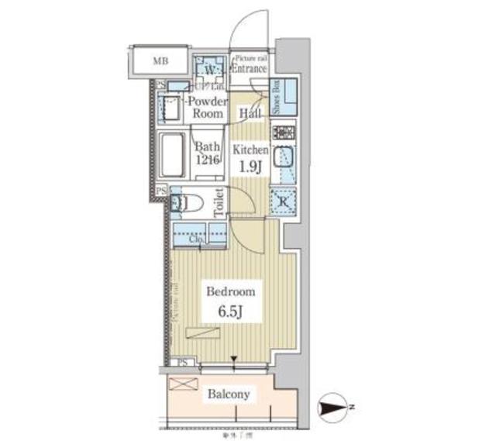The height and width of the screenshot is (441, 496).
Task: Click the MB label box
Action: (160, 60)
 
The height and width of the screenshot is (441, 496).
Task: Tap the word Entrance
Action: (250, 68)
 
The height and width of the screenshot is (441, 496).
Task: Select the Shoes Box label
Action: (276, 98)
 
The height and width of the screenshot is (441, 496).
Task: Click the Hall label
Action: (249, 113)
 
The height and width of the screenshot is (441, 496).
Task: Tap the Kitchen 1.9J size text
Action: (250, 157)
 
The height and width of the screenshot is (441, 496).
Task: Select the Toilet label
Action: (219, 203)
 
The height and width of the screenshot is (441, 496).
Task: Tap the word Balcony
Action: (229, 394)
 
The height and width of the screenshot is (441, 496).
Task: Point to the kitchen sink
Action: (282, 160)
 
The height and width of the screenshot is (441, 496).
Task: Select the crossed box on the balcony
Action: (183, 384)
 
